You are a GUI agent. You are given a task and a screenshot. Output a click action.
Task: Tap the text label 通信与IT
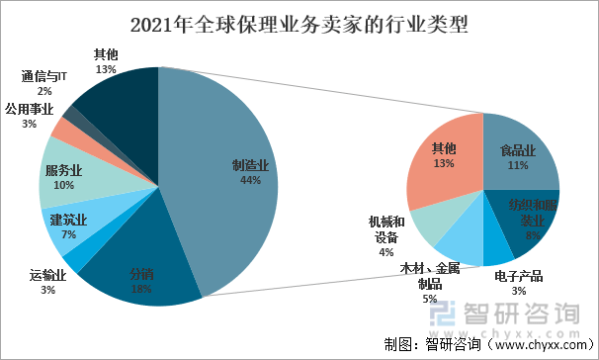43,76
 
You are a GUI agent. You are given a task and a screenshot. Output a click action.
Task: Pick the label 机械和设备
386,230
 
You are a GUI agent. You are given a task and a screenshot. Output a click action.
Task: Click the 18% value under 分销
141,288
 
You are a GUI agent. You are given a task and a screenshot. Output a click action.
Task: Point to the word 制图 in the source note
399,345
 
